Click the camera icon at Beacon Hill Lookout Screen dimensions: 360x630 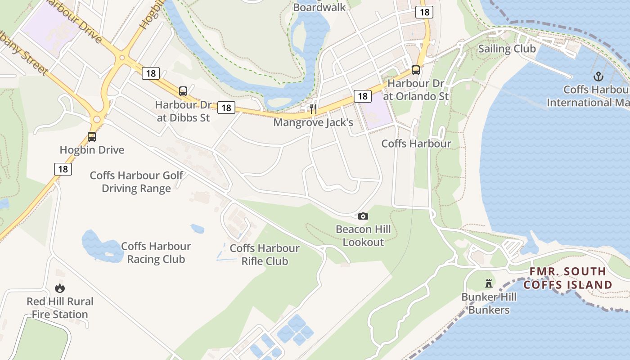pos(363,216)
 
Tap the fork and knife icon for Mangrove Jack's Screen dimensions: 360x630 pos(313,108)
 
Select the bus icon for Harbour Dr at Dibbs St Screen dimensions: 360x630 pos(183,91)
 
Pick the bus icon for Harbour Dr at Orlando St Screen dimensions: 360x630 pos(416,70)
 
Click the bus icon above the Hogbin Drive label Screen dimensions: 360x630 pos(92,137)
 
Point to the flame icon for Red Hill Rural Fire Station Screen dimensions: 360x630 pos(59,288)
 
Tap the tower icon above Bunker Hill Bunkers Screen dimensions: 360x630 pos(489,283)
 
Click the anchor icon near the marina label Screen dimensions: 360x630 pos(598,76)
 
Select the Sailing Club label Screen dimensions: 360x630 pos(507,49)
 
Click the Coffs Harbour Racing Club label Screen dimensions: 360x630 pos(156,252)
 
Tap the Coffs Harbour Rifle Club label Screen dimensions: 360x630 pos(265,254)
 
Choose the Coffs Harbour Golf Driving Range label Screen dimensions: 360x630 pos(136,181)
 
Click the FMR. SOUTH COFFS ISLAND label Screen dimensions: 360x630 pos(568,278)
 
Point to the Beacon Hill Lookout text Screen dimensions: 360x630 pos(363,235)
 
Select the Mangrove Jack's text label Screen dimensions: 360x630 pos(313,122)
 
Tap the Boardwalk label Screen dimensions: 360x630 pos(319,7)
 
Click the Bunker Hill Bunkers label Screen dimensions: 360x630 pos(489,303)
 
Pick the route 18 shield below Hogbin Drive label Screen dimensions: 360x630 pos(63,169)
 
